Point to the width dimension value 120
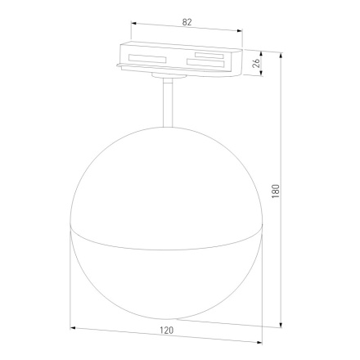click(x=167, y=331)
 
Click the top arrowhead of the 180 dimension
click(x=279, y=55)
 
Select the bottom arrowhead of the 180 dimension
click(x=279, y=322)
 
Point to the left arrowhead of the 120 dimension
click(x=74, y=328)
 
